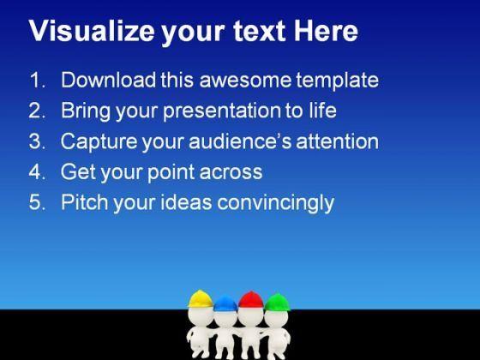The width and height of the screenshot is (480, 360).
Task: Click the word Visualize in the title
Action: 92,31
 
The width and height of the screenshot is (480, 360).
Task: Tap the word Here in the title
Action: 326,31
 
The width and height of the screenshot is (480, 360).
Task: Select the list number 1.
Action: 38,81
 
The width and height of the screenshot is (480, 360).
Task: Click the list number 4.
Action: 38,171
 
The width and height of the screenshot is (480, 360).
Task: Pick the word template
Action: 338,81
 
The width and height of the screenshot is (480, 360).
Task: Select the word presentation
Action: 222,111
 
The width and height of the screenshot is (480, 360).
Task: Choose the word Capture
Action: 99,142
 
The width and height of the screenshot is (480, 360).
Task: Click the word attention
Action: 338,141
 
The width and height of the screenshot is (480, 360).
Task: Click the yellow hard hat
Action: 201,299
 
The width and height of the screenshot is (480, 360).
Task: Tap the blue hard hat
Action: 225,303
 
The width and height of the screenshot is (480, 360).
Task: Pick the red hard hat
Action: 250,300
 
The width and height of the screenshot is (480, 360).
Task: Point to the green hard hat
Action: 278,302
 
